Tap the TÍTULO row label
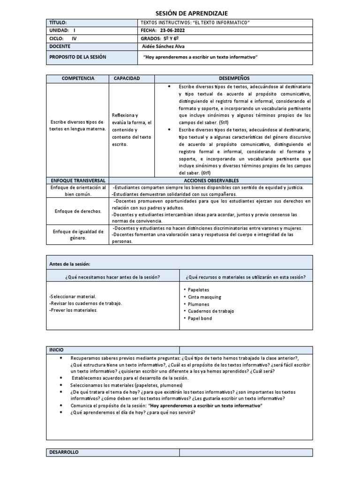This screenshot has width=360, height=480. [59, 22]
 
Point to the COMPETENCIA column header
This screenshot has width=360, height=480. [77, 78]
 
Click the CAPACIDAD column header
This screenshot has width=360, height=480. [127, 78]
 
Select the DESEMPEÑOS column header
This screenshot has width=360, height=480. [234, 78]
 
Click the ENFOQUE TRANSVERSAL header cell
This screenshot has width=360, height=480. [77, 180]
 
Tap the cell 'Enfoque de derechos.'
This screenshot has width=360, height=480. [77, 211]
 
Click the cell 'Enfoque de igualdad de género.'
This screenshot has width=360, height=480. [77, 235]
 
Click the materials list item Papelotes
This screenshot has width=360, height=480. [199, 290]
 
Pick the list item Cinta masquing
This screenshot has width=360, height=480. [204, 297]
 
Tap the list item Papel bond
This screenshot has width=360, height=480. [200, 318]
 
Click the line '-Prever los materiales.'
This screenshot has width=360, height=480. [73, 310]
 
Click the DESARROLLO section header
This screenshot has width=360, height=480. [64, 452]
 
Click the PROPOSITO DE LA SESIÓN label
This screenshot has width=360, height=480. [78, 57]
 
